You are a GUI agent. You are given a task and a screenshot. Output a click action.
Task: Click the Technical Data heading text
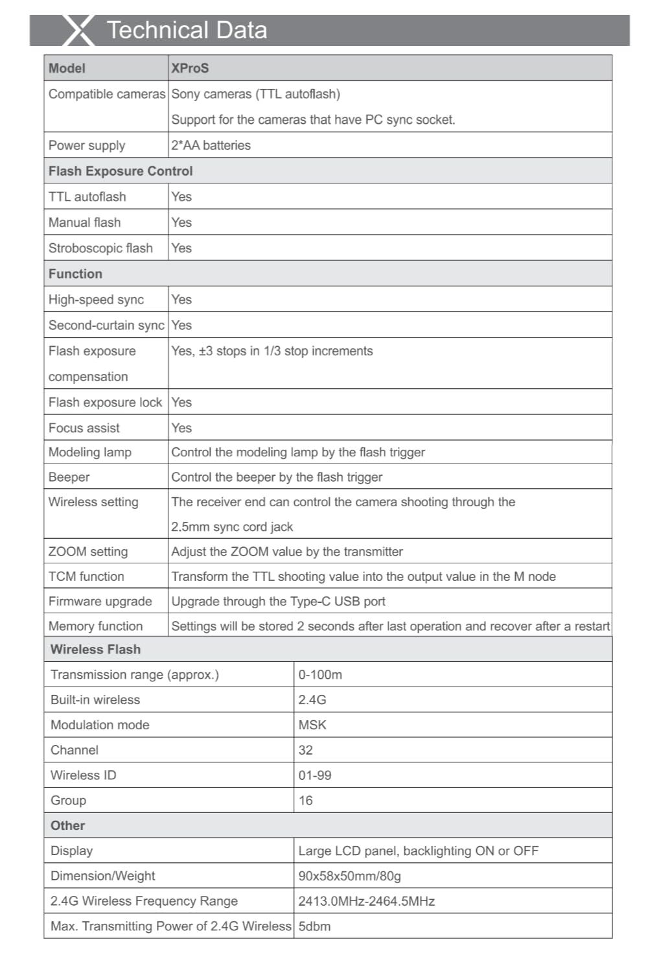pyautogui.click(x=187, y=30)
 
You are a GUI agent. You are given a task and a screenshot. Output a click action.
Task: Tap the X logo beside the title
pyautogui.click(x=79, y=30)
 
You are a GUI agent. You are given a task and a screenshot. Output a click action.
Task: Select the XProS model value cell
pyautogui.click(x=190, y=68)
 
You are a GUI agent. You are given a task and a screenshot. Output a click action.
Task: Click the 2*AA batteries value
pyautogui.click(x=211, y=145)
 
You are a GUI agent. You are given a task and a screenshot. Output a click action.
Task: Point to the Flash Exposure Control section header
pyautogui.click(x=121, y=171)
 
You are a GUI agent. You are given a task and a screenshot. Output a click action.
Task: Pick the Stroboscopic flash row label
pyautogui.click(x=100, y=248)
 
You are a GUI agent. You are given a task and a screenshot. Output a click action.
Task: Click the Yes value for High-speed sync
pyautogui.click(x=181, y=300)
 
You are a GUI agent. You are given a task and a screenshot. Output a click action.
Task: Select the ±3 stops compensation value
pyautogui.click(x=272, y=351)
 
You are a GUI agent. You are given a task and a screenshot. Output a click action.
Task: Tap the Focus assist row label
pyautogui.click(x=84, y=428)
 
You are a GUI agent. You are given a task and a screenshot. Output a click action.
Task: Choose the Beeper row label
pyautogui.click(x=69, y=477)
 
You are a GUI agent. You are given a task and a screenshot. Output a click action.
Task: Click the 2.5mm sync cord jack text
pyautogui.click(x=232, y=527)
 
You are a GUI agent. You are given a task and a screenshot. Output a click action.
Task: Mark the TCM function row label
pyautogui.click(x=86, y=576)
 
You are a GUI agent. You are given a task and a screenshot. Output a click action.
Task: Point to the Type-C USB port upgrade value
pyautogui.click(x=278, y=601)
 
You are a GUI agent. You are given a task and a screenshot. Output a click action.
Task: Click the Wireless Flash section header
pyautogui.click(x=95, y=650)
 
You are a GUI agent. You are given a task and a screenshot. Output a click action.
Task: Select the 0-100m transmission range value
pyautogui.click(x=320, y=675)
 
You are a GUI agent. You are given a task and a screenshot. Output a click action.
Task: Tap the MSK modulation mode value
pyautogui.click(x=312, y=725)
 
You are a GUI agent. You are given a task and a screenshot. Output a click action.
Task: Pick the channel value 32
pyautogui.click(x=306, y=750)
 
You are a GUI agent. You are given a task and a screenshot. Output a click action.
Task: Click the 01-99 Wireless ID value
pyautogui.click(x=315, y=775)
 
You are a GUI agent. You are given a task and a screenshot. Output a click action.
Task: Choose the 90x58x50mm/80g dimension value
pyautogui.click(x=349, y=876)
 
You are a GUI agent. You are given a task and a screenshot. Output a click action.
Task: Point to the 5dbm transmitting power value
pyautogui.click(x=314, y=926)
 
